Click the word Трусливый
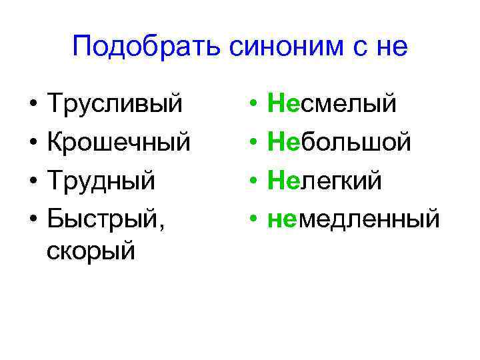click(x=115, y=104)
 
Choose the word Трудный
click(x=102, y=179)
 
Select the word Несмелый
click(x=332, y=104)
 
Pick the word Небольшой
click(x=339, y=142)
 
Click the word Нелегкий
click(x=325, y=179)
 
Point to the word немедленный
click(x=353, y=217)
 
